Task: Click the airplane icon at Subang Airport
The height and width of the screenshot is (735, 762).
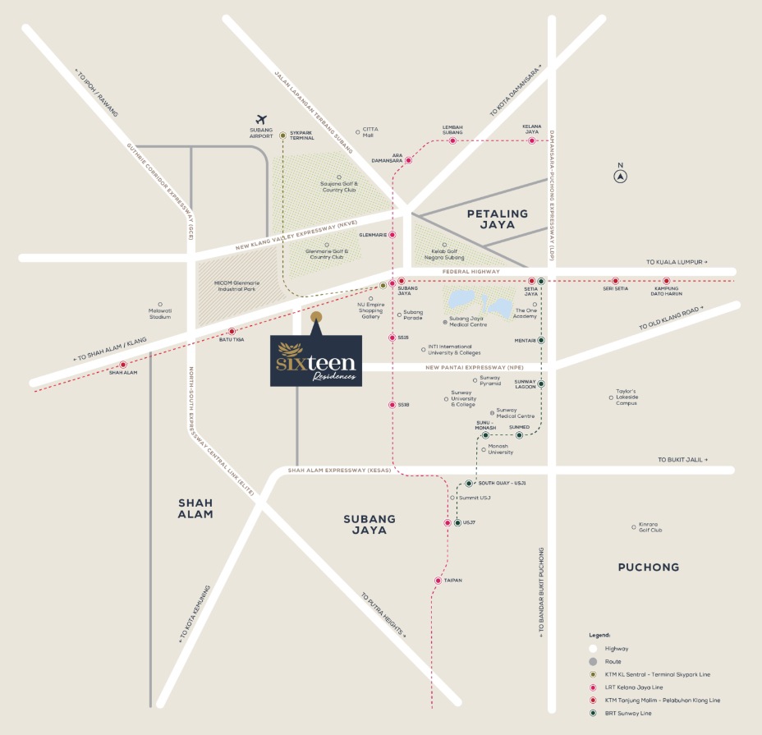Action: pos(262,119)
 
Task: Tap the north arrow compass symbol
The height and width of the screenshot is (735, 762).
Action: pos(622,175)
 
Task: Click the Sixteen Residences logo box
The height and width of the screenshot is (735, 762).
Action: pos(316,361)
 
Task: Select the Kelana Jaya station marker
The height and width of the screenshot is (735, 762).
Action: pos(532,140)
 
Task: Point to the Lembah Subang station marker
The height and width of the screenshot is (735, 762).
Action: pos(452,140)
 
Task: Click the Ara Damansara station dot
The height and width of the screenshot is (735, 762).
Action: pos(409,159)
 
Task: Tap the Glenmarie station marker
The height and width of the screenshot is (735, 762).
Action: pos(392,235)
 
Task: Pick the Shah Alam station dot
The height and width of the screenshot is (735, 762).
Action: pos(123,365)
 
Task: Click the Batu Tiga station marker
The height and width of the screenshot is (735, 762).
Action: pos(232,331)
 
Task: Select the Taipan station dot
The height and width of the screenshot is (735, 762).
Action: pos(438,581)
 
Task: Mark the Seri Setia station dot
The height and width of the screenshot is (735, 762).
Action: pos(615,281)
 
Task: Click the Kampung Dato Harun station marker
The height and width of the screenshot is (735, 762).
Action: pos(666,281)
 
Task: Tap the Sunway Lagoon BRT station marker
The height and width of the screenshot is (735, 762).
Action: pos(540,384)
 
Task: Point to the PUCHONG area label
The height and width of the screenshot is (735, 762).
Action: pos(648,567)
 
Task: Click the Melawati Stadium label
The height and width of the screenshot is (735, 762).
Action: pos(160,313)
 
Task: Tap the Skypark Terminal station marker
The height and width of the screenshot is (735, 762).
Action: pos(282,136)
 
